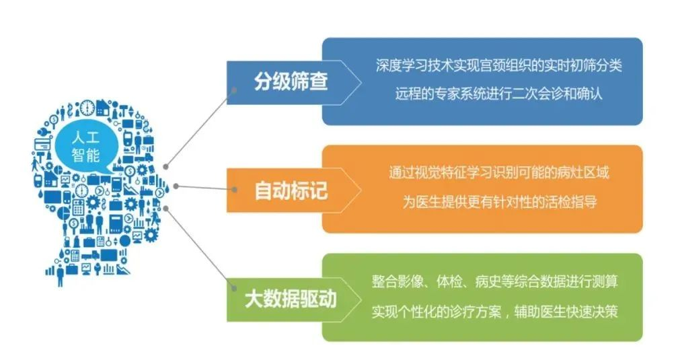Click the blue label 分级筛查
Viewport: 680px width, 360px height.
291,82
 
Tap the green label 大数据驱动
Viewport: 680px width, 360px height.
291,299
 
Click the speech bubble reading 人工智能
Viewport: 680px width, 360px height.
85,147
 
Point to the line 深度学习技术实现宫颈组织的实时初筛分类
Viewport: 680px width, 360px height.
498,65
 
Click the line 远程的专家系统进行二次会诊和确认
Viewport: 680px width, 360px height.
498,94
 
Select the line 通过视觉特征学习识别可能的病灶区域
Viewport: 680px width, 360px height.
498,173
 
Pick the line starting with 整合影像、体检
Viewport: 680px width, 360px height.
495,281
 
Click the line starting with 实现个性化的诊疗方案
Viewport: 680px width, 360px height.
495,312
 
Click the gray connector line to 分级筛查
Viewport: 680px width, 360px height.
200,129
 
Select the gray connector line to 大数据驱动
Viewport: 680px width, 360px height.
200,248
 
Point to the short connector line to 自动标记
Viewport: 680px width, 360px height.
205,188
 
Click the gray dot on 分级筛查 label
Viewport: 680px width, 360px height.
234,90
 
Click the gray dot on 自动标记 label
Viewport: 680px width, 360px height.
235,190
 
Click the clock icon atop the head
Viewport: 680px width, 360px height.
87,108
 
